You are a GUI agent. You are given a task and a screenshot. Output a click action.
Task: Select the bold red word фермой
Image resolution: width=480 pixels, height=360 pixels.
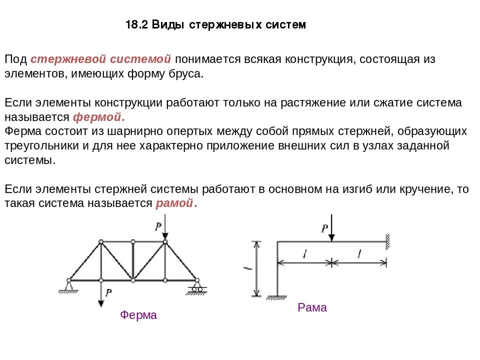point(98,117)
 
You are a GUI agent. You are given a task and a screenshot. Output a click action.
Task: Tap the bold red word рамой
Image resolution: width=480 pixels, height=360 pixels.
point(174,203)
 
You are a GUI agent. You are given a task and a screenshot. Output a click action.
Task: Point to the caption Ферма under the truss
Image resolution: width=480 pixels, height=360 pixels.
point(138,315)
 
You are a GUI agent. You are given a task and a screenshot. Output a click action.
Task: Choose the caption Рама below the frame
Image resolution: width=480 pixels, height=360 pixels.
point(312,307)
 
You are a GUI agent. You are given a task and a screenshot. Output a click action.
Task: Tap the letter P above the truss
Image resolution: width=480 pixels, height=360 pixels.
point(158,226)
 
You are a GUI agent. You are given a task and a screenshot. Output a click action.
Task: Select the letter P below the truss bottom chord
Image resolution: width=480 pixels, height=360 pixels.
point(108,292)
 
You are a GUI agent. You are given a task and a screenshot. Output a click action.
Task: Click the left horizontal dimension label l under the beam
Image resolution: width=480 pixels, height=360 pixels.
point(304,254)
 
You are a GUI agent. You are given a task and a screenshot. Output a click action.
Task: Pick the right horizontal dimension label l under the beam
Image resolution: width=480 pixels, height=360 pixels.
point(359,254)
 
